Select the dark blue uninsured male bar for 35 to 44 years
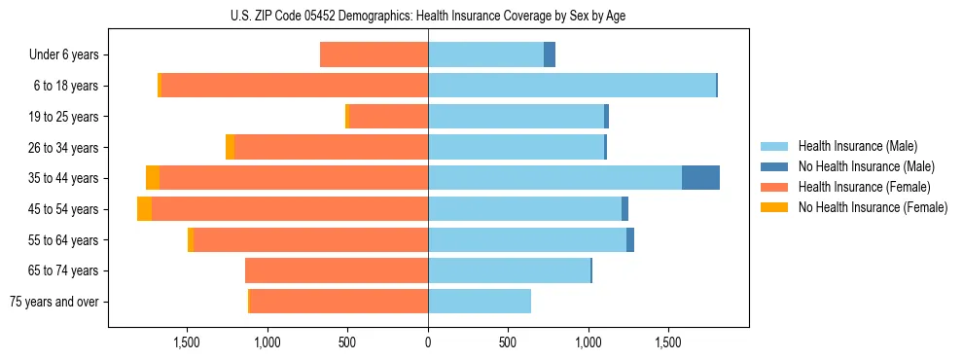point(700,177)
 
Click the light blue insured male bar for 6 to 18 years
point(572,85)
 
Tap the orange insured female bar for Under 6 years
point(374,54)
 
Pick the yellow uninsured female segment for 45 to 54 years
point(144,208)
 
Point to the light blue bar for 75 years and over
point(480,301)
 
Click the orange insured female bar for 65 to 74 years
point(337,270)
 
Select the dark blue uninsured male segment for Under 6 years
point(550,54)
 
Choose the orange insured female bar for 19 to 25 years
point(388,116)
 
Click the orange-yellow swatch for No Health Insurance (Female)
point(774,207)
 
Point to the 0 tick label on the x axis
point(428,342)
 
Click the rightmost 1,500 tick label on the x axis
point(668,342)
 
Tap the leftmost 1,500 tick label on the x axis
point(187,342)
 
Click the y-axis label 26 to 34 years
point(63,147)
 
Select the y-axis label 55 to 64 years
point(63,239)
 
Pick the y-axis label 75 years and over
point(54,302)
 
